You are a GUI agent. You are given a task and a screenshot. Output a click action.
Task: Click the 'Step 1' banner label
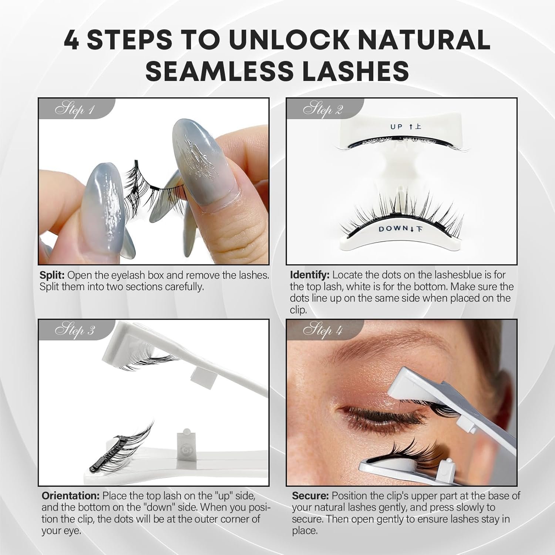[x=75, y=110]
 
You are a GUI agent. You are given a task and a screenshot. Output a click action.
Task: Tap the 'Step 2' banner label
[x=323, y=110]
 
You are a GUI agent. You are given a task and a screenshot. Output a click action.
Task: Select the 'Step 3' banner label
[x=75, y=330]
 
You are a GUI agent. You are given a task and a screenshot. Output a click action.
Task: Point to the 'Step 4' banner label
[x=323, y=330]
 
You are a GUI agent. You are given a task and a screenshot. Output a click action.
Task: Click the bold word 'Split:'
[x=52, y=276]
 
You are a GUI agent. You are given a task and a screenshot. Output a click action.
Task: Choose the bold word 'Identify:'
[x=310, y=275]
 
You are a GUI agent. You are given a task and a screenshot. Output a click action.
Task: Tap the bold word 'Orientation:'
[x=70, y=496]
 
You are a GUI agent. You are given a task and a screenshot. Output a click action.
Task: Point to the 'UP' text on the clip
[x=396, y=127]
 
